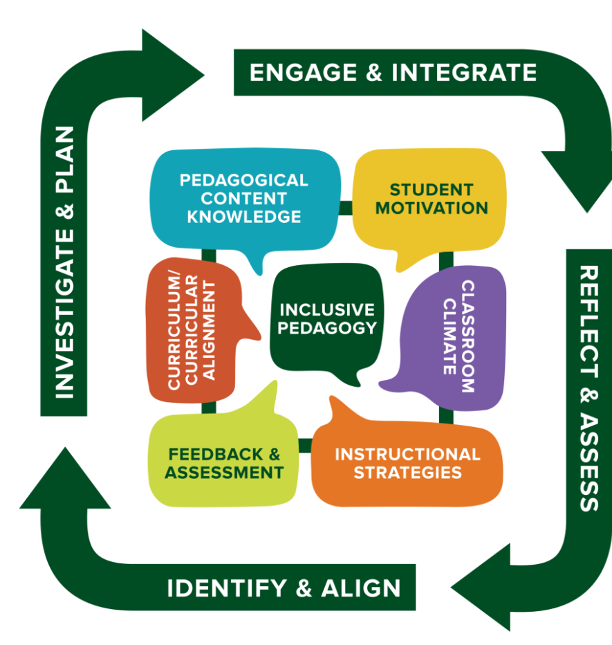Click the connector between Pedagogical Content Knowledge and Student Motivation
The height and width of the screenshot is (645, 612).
coord(346,208)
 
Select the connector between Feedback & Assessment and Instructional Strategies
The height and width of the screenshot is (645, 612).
coord(305,444)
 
